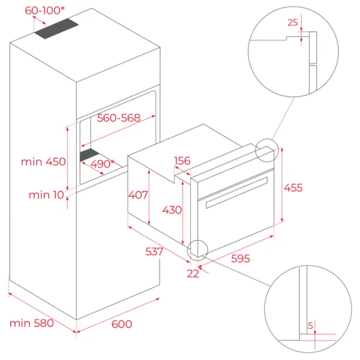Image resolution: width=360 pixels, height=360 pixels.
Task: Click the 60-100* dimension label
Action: coord(45,11)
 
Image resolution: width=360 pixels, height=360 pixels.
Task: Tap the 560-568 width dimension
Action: coord(118,118)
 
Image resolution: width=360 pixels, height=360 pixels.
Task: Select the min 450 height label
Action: coord(43,162)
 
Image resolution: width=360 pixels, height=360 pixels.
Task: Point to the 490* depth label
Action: coord(102,164)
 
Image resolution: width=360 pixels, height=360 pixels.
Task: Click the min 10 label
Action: coord(46,195)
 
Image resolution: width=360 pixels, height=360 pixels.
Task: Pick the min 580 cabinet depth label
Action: coord(32,323)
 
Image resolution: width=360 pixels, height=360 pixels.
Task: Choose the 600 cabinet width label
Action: coord(122,324)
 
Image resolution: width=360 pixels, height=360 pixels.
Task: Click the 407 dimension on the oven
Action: coord(138,195)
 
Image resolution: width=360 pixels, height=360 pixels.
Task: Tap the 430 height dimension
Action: coord(172,210)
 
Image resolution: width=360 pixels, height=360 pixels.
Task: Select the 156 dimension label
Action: coord(182,161)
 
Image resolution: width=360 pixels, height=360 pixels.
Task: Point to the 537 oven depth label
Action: coord(154,251)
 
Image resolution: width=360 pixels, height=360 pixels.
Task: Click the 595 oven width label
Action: coord(241,259)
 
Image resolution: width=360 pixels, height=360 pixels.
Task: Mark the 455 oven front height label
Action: coord(293,188)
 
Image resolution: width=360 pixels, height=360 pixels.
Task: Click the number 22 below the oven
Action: coord(193,274)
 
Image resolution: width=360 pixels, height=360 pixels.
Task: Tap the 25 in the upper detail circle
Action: coord(293,23)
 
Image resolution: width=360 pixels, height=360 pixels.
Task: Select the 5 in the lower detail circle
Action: coord(310,326)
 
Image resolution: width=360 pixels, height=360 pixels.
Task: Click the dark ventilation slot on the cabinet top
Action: coord(57,28)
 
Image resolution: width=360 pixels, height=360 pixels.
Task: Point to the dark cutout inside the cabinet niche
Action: coord(89,155)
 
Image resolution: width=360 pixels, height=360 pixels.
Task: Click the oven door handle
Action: coord(237,193)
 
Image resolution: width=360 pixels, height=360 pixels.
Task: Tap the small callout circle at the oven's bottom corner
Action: coord(197,250)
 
